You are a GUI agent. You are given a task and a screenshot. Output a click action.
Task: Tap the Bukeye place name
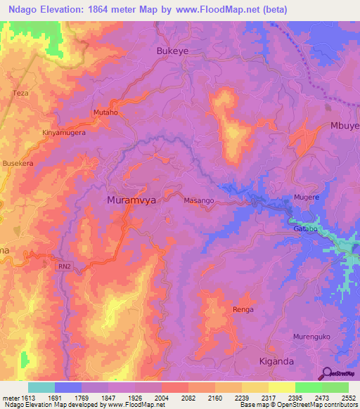(x=172, y=51)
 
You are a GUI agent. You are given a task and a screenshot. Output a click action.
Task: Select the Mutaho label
(x=105, y=112)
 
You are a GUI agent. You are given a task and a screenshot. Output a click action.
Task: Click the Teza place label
(x=20, y=93)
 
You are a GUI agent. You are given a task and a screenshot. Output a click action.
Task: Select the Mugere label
(x=307, y=197)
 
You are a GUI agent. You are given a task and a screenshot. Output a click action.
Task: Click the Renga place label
(x=242, y=309)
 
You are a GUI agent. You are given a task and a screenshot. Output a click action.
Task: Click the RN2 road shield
(x=63, y=266)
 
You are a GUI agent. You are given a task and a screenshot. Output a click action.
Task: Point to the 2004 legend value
(x=161, y=398)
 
